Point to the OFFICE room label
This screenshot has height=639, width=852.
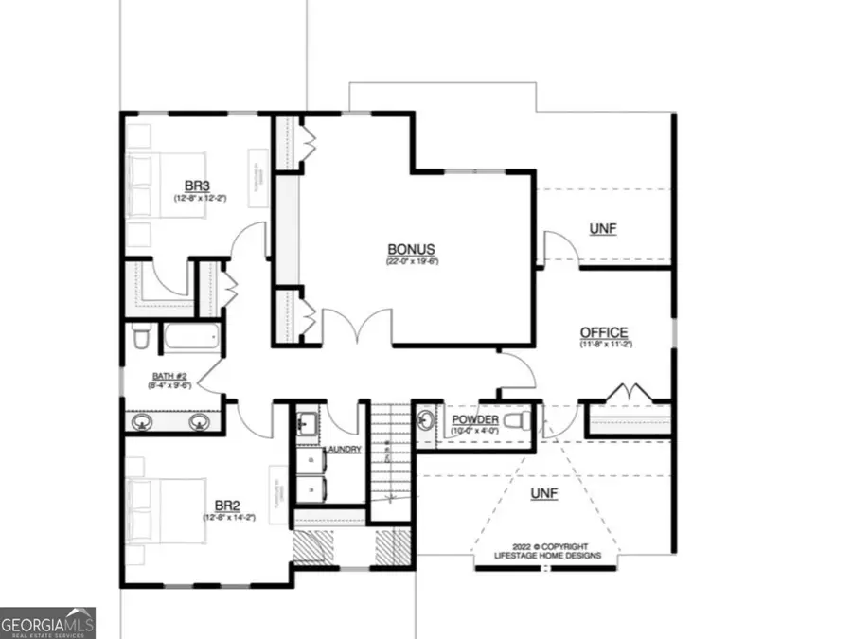pyautogui.click(x=604, y=332)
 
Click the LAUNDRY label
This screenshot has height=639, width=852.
pyautogui.click(x=343, y=449)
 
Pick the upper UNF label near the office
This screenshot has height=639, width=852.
pyautogui.click(x=603, y=230)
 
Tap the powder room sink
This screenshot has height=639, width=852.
pyautogui.click(x=427, y=417)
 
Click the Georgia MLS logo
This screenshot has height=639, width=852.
pyautogui.click(x=47, y=622)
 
